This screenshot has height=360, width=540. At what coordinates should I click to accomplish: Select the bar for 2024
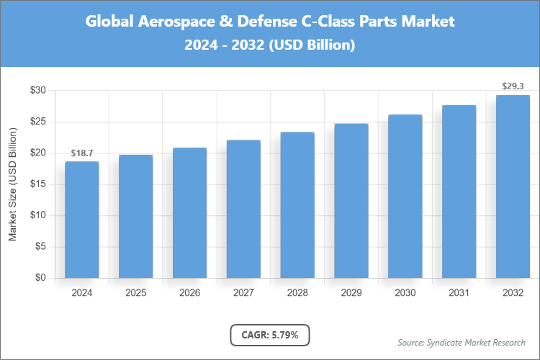(82, 220)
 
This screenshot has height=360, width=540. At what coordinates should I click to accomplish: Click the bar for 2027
(243, 209)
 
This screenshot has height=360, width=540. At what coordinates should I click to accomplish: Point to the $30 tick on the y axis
(38, 91)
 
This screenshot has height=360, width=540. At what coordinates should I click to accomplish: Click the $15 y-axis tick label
(38, 184)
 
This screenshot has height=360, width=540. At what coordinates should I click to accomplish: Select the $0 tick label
(40, 278)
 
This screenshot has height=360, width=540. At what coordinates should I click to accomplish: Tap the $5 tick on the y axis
(40, 247)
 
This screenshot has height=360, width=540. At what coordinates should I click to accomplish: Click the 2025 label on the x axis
(136, 293)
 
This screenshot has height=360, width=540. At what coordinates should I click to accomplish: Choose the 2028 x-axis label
(297, 293)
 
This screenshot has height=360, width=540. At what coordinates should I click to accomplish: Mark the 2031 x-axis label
(459, 293)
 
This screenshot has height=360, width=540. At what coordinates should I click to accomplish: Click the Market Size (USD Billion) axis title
(12, 184)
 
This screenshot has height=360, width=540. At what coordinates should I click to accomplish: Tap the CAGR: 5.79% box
(270, 335)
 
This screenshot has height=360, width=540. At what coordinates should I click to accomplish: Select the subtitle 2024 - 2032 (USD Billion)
(270, 45)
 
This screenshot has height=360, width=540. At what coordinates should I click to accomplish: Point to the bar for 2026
(190, 213)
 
